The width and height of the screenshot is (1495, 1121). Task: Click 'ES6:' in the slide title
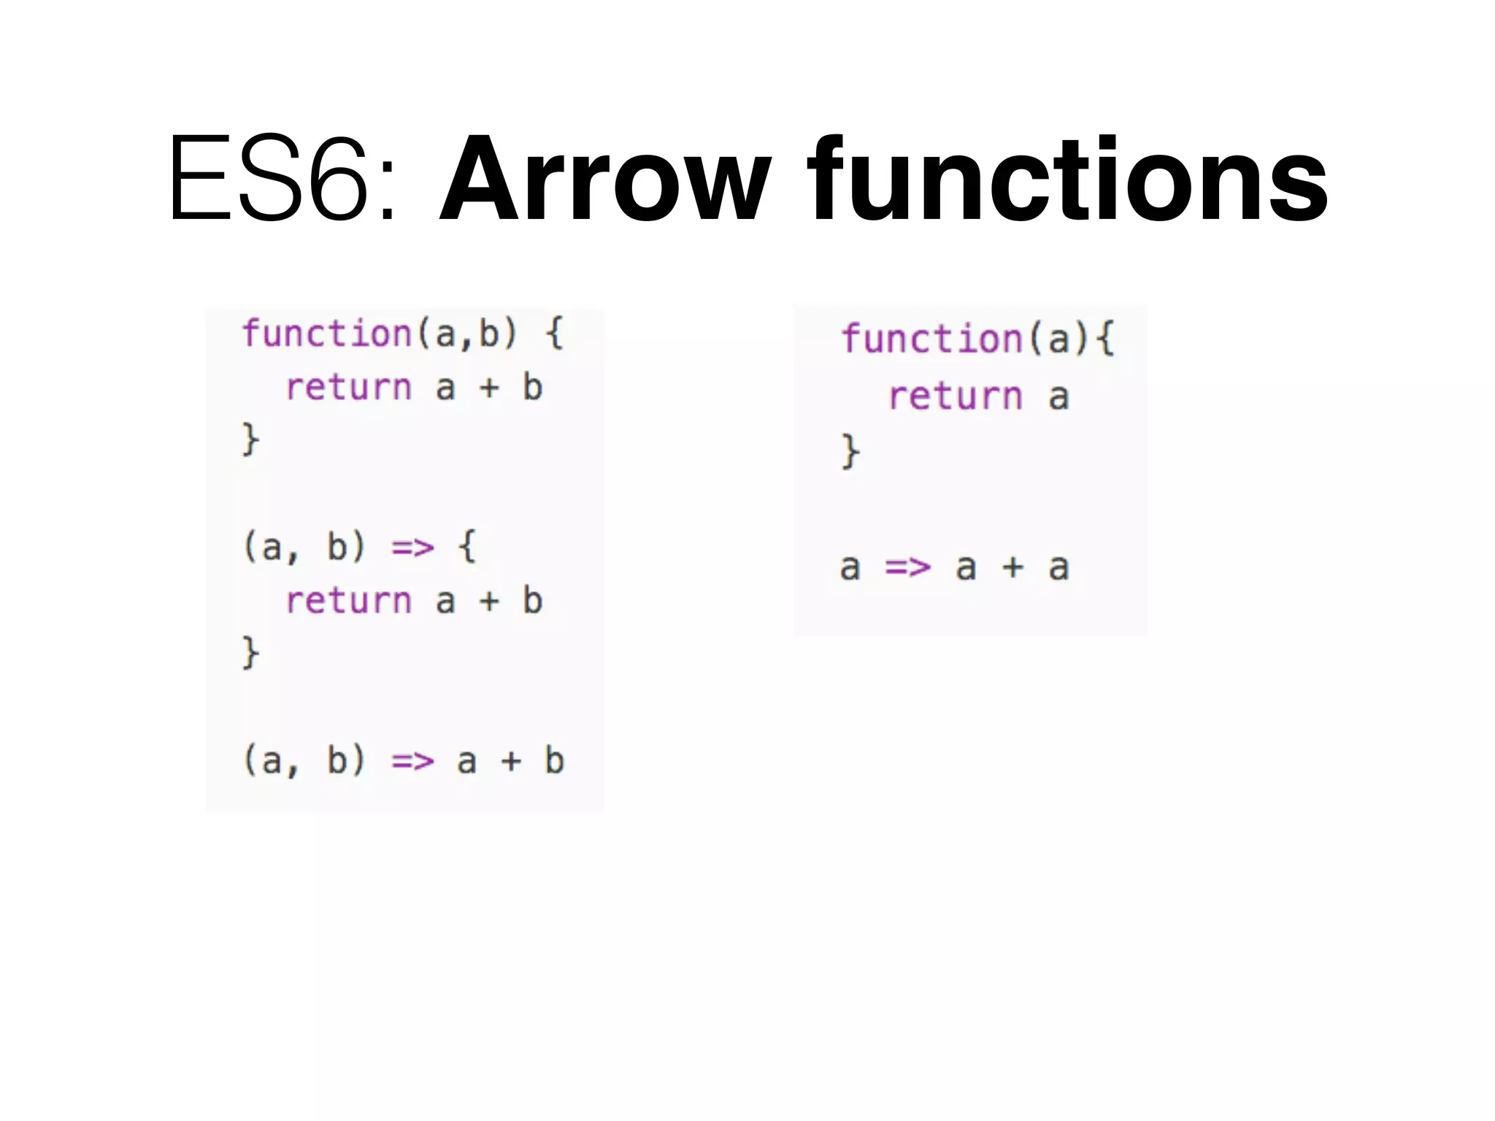(x=281, y=179)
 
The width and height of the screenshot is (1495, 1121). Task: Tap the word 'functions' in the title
(x=1067, y=179)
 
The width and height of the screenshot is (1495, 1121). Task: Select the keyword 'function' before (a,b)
(x=327, y=334)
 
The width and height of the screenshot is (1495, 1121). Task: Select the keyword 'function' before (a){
(x=932, y=339)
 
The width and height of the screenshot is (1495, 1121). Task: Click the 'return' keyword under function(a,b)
(x=349, y=388)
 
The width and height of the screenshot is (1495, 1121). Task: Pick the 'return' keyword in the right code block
(x=956, y=397)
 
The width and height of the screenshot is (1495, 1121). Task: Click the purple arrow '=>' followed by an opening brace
(x=413, y=547)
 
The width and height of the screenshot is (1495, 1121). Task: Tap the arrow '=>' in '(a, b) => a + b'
(x=413, y=761)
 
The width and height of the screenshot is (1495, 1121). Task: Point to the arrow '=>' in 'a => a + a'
(x=908, y=567)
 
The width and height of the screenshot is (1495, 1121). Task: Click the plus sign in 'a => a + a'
(x=1012, y=567)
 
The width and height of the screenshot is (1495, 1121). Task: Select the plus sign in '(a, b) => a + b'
(x=511, y=761)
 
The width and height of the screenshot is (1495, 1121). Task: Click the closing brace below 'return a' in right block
(x=850, y=452)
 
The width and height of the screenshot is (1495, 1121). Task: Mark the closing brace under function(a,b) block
(x=250, y=439)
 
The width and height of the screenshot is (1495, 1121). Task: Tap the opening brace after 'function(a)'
(x=1106, y=339)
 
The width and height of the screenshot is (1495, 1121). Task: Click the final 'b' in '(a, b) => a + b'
(x=554, y=760)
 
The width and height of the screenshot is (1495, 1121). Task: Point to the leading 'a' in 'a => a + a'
(x=850, y=568)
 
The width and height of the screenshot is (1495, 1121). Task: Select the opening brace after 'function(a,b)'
(x=555, y=334)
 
